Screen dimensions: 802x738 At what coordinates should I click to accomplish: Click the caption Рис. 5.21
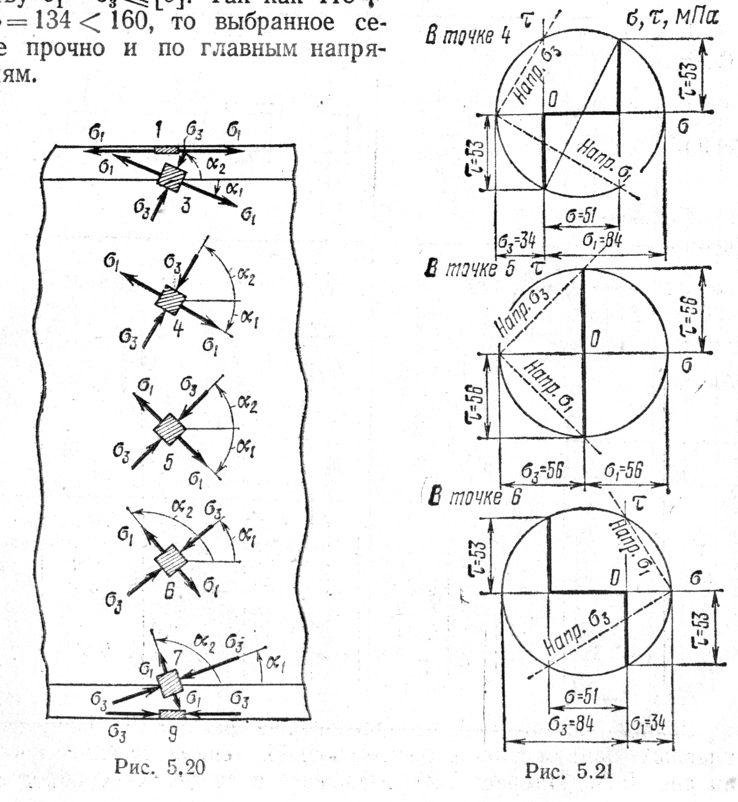[x=569, y=771]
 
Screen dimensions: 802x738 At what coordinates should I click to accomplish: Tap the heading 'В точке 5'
[x=470, y=269]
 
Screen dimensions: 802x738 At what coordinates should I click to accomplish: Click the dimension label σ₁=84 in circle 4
[x=602, y=241]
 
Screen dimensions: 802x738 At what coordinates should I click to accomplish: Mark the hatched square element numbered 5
[x=169, y=429]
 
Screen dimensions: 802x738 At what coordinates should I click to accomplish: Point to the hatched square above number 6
[x=170, y=560]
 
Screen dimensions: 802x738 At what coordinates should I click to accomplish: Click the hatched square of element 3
[x=172, y=178]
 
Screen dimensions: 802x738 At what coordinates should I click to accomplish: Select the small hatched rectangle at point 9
[x=172, y=714]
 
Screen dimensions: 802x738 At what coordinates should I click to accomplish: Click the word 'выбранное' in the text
[x=274, y=22]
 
